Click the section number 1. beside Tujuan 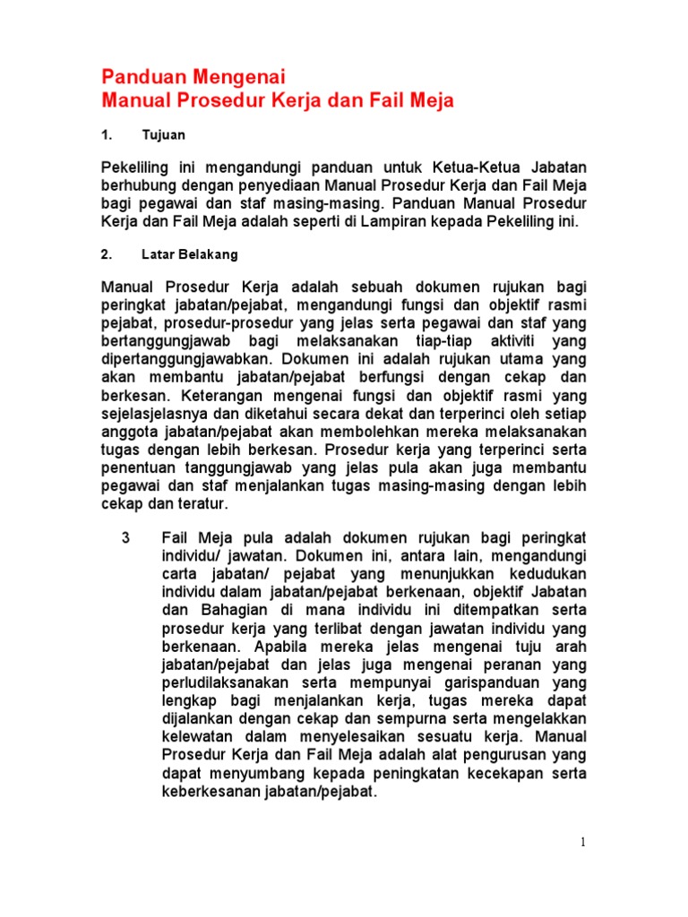point(107,135)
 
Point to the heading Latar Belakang point(190,254)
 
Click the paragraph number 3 point(125,537)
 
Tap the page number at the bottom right point(582,841)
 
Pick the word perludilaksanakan point(221,681)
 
